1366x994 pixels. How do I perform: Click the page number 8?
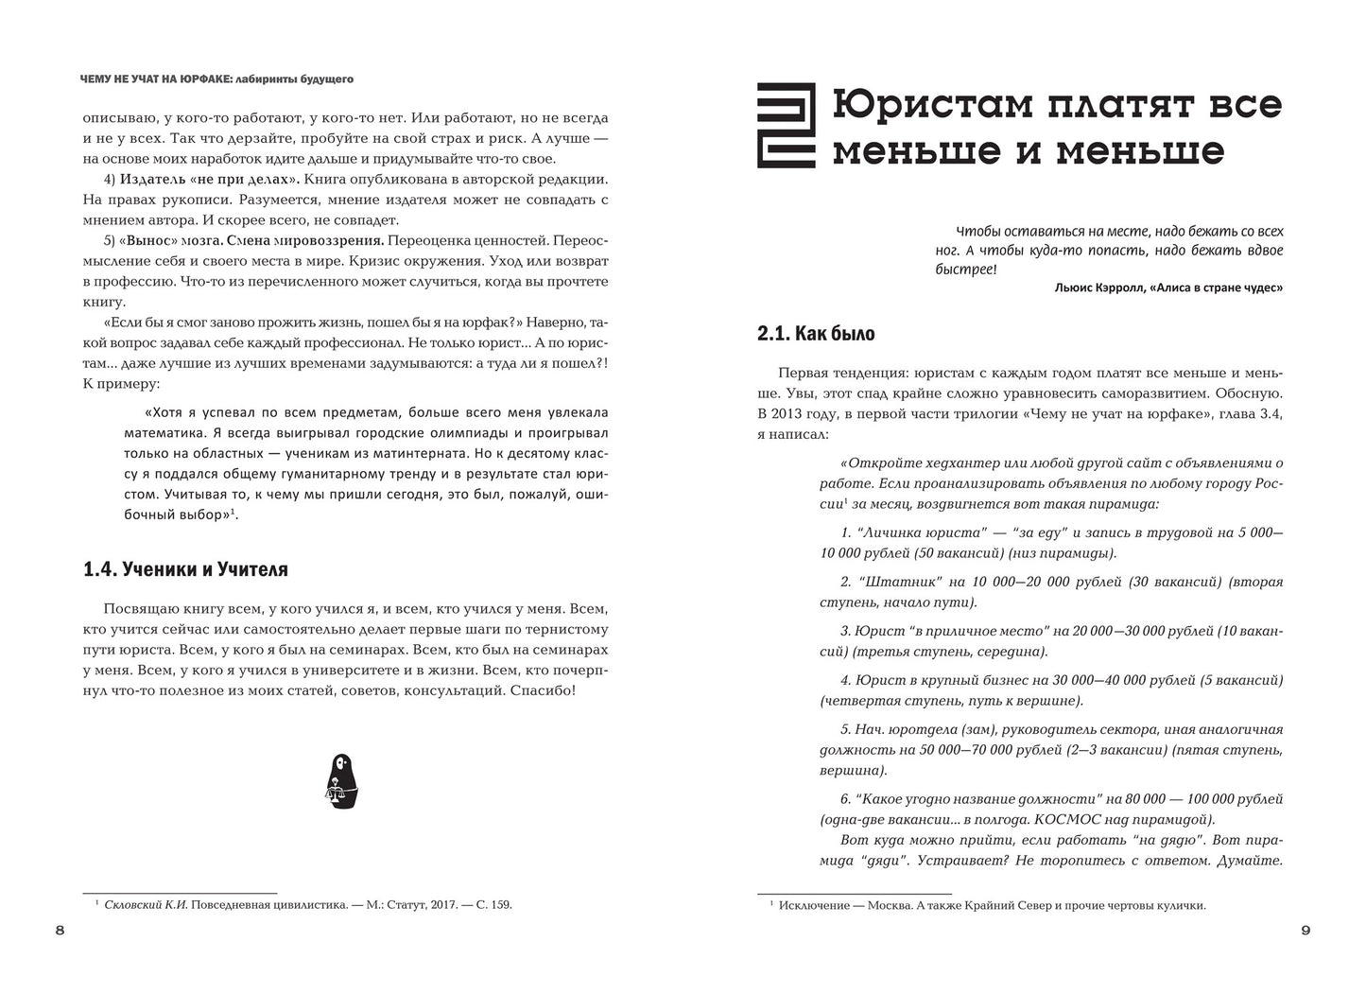coord(60,931)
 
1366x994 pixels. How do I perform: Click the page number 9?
coord(1305,931)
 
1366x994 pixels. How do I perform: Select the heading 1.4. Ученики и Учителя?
coord(185,569)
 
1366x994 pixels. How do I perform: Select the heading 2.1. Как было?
coord(816,333)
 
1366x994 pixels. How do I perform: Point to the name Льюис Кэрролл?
coord(1096,288)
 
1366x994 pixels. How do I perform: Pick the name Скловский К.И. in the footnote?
coord(147,905)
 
